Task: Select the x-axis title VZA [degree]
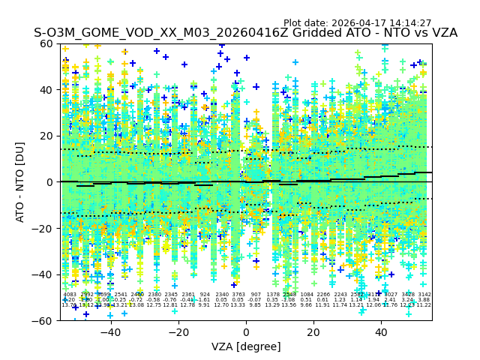tap(246, 346)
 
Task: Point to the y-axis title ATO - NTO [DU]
tap(20, 181)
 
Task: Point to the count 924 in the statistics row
tap(205, 295)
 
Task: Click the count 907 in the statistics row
tap(256, 295)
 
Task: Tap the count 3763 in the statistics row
tap(238, 295)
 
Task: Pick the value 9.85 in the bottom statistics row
tap(256, 305)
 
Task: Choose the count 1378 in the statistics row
tap(273, 295)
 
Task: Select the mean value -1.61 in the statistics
tap(205, 300)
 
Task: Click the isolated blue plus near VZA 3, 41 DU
tap(256, 87)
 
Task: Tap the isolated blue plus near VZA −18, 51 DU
tap(184, 64)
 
